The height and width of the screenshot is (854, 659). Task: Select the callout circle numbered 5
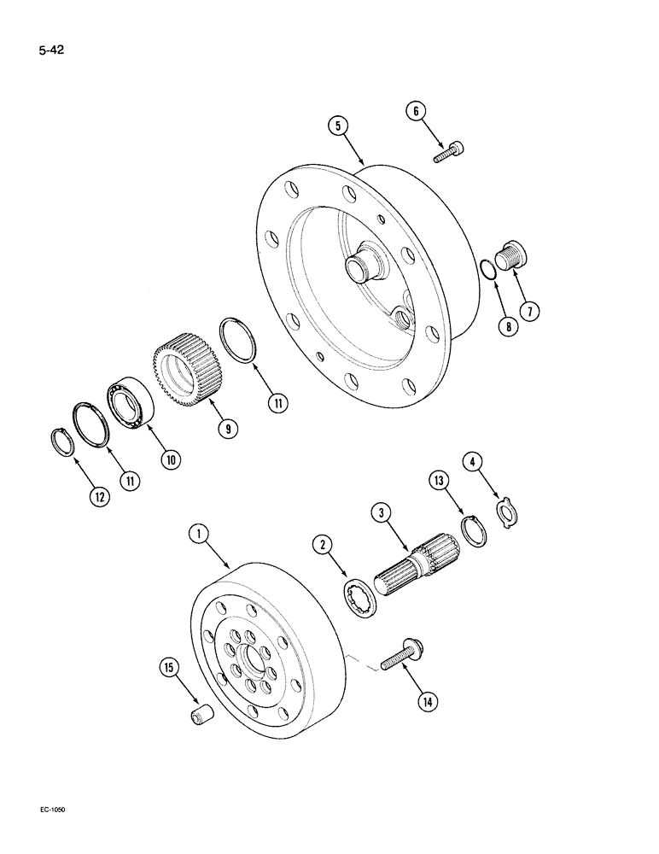(x=339, y=126)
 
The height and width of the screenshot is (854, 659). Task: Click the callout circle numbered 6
(x=417, y=111)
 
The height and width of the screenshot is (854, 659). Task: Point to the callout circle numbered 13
(x=440, y=483)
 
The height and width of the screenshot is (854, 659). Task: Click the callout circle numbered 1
(x=199, y=535)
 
